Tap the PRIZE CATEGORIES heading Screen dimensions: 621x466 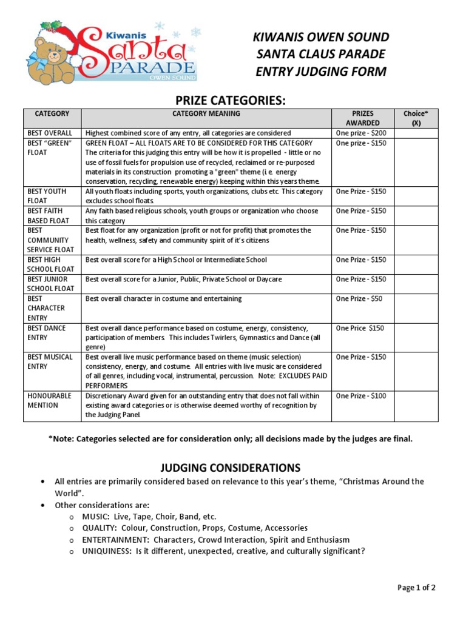pos(233,100)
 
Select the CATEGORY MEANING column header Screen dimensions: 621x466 pos(206,113)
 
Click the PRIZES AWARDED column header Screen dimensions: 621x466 pos(362,118)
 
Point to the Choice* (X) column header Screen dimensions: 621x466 pos(416,118)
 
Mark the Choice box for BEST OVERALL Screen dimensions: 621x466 pos(416,133)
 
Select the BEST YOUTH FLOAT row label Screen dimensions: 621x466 pos(46,196)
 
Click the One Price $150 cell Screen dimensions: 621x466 pos(360,328)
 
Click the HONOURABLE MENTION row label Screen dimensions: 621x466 pos(50,400)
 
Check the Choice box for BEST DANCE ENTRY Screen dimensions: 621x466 pos(416,337)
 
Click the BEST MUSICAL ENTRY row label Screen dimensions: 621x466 pos(50,361)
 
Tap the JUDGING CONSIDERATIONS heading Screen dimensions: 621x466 pos(230,468)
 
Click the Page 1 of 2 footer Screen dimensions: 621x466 pos(416,587)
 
